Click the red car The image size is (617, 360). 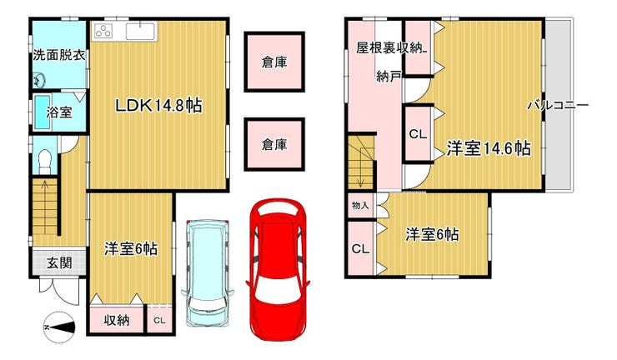278,269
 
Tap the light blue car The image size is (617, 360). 208,272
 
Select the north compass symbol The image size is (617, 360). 59,327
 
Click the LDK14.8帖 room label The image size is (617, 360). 158,106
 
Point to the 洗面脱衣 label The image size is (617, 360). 59,55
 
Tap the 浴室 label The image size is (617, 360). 59,112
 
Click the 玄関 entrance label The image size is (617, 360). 59,262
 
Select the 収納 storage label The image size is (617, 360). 117,320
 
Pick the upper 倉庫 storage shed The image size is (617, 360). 274,62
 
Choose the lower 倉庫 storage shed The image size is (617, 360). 274,144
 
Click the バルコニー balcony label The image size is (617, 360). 558,105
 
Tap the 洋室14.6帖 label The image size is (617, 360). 489,148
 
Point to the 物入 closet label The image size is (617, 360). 360,205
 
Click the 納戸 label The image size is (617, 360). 389,77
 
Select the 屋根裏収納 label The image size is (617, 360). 389,48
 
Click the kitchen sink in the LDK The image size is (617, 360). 140,31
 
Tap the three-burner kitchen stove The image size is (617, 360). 104,31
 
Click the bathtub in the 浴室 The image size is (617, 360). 43,112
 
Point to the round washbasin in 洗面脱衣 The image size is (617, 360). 39,81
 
